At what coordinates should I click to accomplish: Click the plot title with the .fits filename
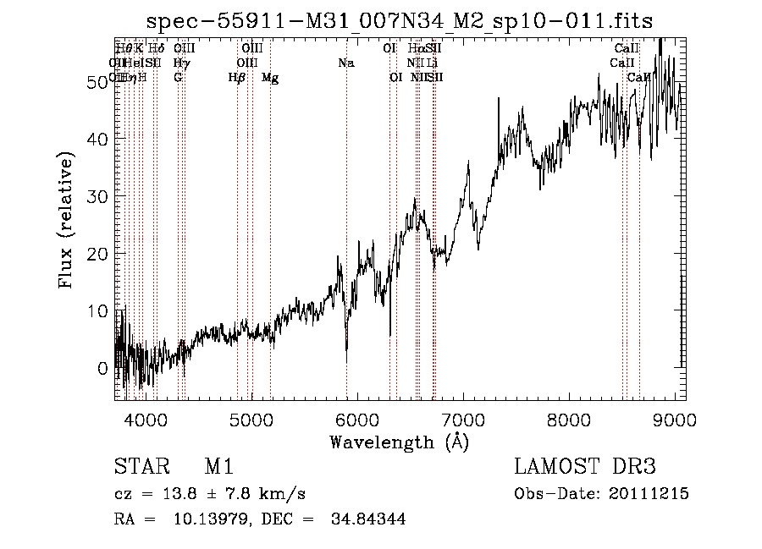(x=400, y=20)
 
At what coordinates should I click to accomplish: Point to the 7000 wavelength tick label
(x=462, y=420)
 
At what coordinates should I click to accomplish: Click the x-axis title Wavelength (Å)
(x=399, y=442)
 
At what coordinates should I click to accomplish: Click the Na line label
(x=345, y=63)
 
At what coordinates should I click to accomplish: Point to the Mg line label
(x=270, y=78)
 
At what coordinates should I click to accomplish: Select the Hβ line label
(x=237, y=78)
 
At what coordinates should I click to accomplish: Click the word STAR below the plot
(x=141, y=468)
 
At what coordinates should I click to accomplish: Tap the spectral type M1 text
(x=218, y=468)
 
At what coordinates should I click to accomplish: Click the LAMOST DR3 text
(x=585, y=468)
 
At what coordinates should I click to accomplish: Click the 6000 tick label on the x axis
(x=356, y=420)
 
